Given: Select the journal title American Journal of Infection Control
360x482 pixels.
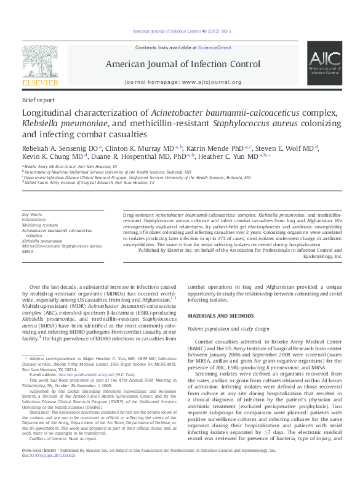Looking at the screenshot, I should pos(183,64).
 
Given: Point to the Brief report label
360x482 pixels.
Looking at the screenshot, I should pos(38,99).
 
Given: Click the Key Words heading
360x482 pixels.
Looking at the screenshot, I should pos(33,214).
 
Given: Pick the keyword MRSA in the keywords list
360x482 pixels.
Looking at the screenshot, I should pos(28,251).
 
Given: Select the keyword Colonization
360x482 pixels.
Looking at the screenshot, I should pos(34,219).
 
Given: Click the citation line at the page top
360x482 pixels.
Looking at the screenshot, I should pos(182,31).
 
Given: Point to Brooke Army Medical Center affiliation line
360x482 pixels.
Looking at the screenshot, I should pos(70,167).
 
